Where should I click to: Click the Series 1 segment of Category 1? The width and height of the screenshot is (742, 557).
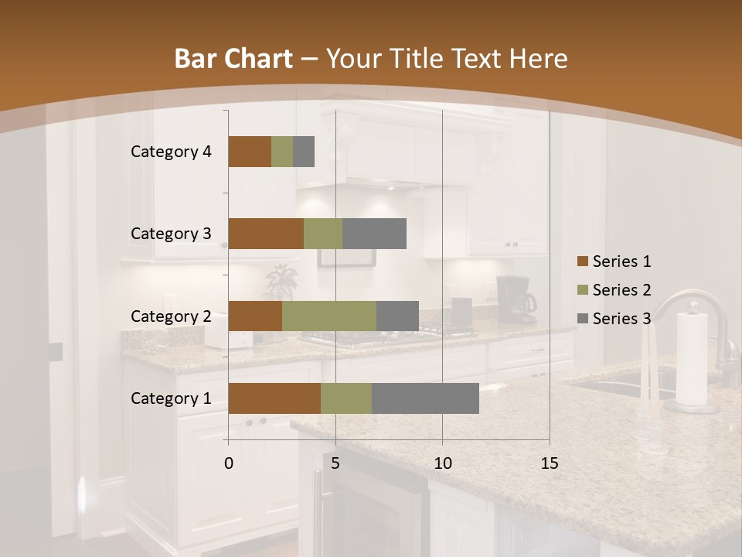tap(274, 398)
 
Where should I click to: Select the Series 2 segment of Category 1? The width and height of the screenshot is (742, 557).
tap(346, 398)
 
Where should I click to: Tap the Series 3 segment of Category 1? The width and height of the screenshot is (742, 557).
tap(425, 398)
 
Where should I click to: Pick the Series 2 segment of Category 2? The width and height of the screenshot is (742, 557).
tap(329, 316)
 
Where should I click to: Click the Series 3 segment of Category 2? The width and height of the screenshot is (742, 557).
tap(397, 316)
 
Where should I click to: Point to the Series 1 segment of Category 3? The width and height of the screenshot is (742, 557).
tap(266, 234)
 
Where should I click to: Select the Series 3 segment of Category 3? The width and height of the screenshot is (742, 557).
tap(374, 234)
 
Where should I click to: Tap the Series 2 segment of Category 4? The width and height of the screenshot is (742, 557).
tap(282, 152)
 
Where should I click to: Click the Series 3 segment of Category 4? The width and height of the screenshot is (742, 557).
tap(304, 152)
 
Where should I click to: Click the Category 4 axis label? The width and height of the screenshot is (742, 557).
tap(171, 152)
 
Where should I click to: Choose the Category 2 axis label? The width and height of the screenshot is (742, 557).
tap(171, 316)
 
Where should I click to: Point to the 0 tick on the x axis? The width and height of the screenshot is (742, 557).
tap(229, 463)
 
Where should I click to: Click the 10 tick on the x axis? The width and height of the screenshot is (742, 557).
tap(442, 463)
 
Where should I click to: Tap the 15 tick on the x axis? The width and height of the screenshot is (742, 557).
tap(549, 463)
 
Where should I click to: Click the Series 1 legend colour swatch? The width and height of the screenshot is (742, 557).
tap(582, 261)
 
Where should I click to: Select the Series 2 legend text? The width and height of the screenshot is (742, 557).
tap(621, 290)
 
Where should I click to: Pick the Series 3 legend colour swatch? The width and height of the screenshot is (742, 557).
tap(582, 319)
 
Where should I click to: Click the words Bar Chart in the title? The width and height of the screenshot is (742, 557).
tap(233, 59)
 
